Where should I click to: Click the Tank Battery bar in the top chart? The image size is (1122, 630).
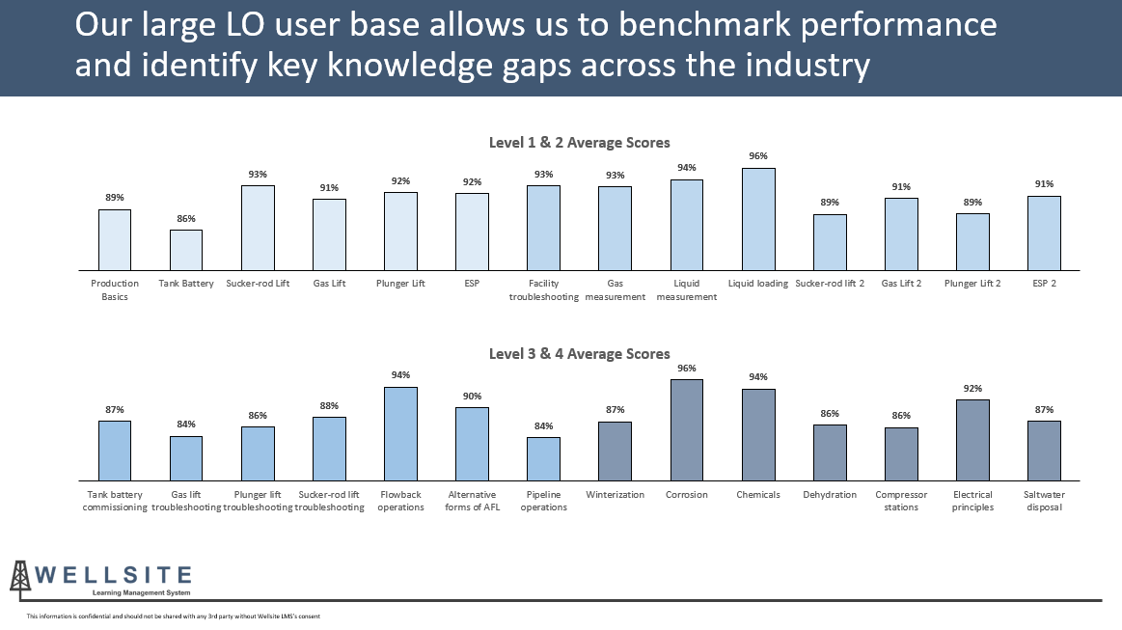click(186, 250)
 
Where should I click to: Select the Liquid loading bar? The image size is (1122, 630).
click(758, 219)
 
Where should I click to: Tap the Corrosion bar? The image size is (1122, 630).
click(687, 429)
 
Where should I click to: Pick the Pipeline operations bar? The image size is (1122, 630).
click(543, 458)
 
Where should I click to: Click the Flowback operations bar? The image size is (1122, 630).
click(400, 433)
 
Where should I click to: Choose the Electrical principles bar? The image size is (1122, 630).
click(972, 440)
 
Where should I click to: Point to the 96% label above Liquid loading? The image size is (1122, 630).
click(758, 156)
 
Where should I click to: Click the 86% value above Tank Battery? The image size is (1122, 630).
click(186, 219)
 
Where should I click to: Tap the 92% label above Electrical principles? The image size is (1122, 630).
click(972, 389)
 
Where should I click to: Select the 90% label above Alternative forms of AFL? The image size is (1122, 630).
click(472, 397)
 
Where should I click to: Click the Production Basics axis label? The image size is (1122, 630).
click(115, 290)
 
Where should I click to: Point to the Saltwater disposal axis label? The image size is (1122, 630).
click(1044, 501)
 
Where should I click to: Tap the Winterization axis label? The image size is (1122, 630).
click(615, 495)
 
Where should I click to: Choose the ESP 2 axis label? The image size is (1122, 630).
click(1044, 284)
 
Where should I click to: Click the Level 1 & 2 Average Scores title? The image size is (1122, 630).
click(579, 143)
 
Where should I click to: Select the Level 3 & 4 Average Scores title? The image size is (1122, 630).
click(579, 354)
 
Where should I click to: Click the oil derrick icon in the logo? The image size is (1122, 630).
click(18, 577)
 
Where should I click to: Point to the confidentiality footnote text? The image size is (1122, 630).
click(173, 616)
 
